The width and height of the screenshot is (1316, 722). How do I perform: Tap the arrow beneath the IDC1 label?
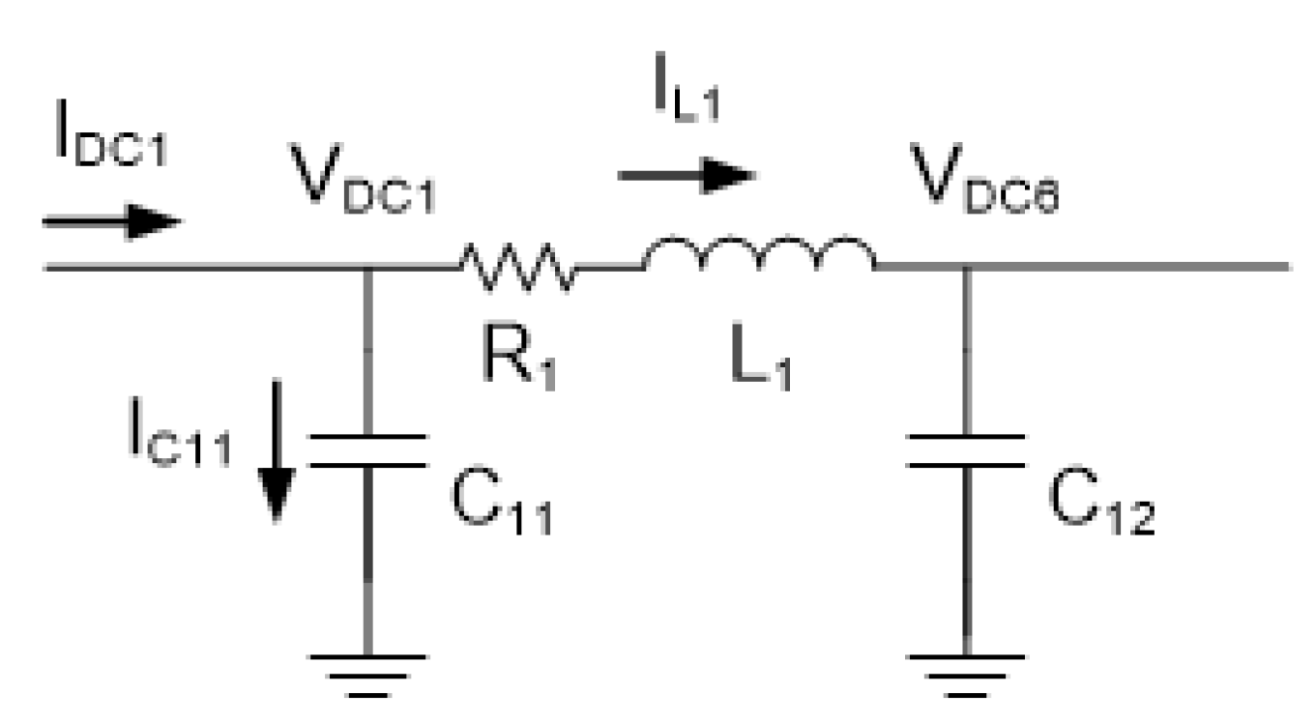pyautogui.click(x=111, y=222)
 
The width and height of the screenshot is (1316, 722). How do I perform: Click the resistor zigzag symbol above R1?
pyautogui.click(x=517, y=265)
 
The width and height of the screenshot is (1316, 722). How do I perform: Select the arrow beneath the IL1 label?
pyautogui.click(x=686, y=175)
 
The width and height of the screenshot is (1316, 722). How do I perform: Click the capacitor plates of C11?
pyautogui.click(x=367, y=450)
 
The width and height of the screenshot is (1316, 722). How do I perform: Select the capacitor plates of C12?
pyautogui.click(x=966, y=450)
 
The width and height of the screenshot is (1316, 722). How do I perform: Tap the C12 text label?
pyautogui.click(x=1100, y=503)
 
